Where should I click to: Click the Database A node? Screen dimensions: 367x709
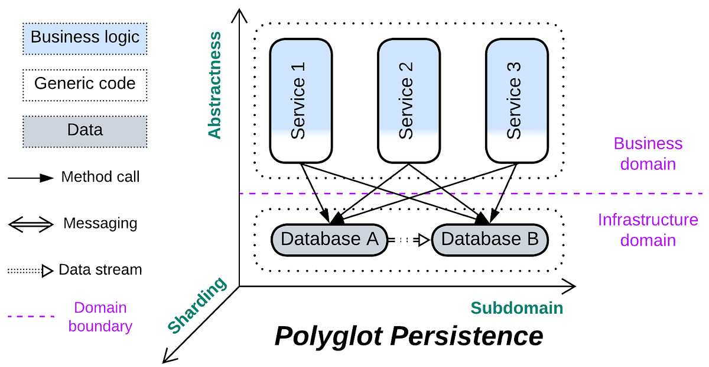point(329,240)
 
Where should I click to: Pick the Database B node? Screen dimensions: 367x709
point(490,240)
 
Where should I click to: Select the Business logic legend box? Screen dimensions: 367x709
point(85,38)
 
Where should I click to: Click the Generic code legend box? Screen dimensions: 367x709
point(85,84)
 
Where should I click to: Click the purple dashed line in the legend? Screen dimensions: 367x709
point(31,317)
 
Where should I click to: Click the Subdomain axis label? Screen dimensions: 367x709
point(516,308)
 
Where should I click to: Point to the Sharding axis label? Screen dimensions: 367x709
point(197,305)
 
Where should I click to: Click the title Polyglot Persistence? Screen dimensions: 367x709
point(409,337)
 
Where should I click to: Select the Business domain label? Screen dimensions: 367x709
point(648,154)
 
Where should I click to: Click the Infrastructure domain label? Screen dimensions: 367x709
point(648,230)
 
